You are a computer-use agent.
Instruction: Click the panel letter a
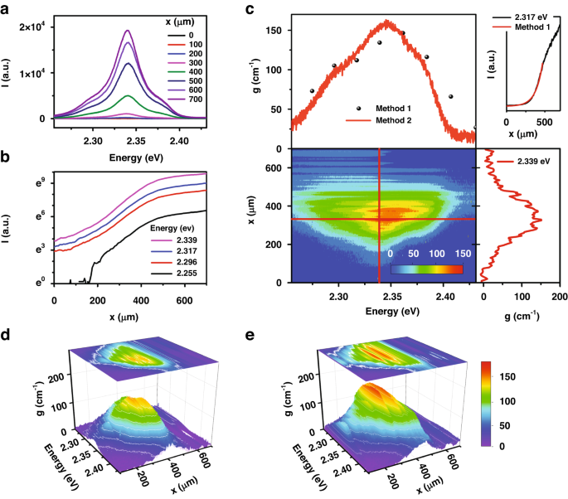pyautogui.click(x=7, y=9)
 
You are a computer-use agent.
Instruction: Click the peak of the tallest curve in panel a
pyautogui.click(x=128, y=31)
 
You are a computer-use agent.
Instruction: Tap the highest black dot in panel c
pyautogui.click(x=402, y=33)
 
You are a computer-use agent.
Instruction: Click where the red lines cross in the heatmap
pyautogui.click(x=380, y=219)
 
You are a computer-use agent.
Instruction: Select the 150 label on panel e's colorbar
pyautogui.click(x=519, y=375)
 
